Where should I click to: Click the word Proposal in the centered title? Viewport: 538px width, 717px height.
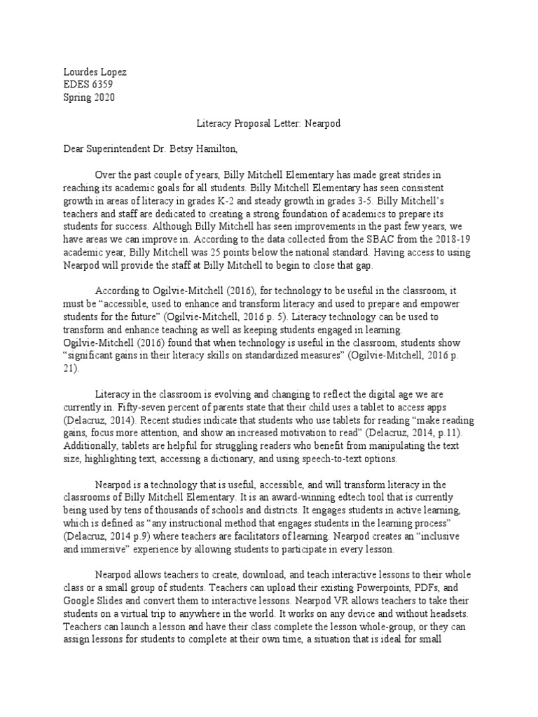249,124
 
